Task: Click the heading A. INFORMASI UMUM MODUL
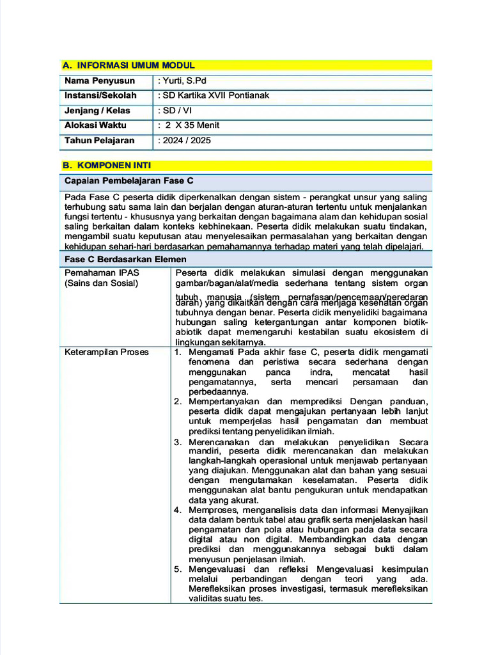(x=129, y=65)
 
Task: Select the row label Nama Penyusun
(x=100, y=81)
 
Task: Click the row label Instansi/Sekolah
(x=100, y=95)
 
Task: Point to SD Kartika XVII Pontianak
(x=215, y=95)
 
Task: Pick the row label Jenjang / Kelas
(x=97, y=111)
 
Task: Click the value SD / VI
(x=177, y=111)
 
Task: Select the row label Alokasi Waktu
(x=95, y=125)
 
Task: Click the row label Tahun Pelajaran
(x=99, y=140)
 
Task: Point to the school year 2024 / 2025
(x=187, y=140)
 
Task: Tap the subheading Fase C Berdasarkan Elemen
(x=125, y=259)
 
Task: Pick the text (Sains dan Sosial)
(x=101, y=283)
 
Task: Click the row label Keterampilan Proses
(x=107, y=352)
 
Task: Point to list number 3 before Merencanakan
(x=178, y=442)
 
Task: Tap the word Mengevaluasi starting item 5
(x=217, y=569)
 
